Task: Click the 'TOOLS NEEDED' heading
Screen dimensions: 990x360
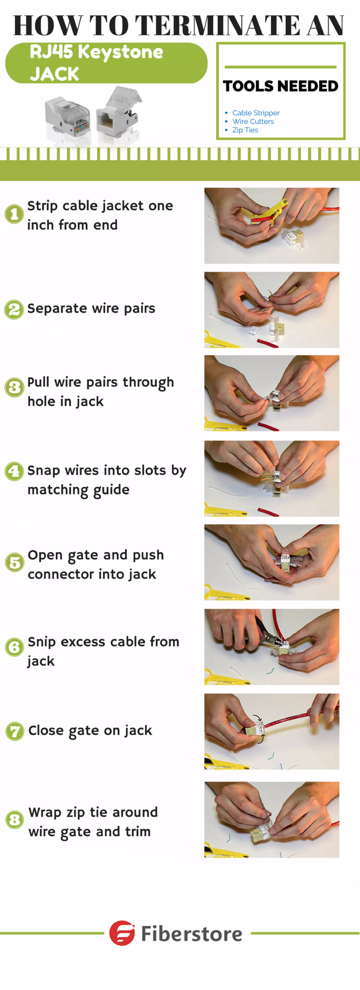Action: [281, 86]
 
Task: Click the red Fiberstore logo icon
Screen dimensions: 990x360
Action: [122, 933]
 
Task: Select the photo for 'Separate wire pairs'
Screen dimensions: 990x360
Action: [272, 310]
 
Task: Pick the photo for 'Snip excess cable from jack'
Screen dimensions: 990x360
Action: [272, 647]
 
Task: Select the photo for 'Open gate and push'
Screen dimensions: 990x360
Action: [272, 562]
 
